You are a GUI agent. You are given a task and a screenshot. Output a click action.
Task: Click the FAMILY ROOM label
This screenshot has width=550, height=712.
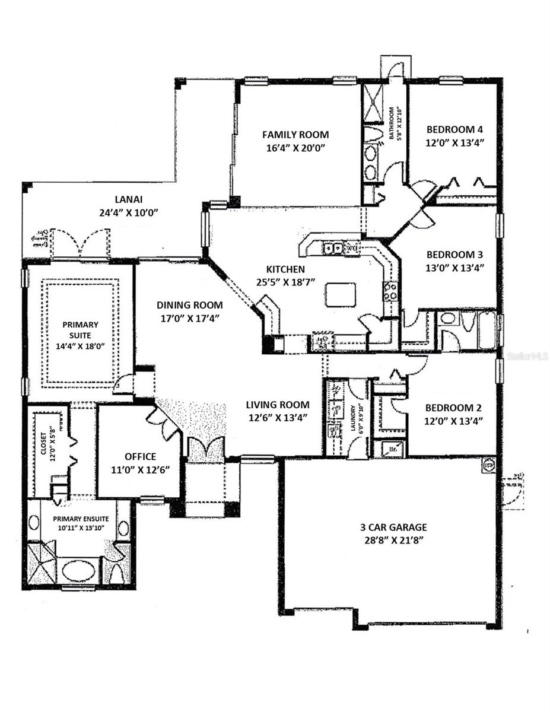pos(295,135)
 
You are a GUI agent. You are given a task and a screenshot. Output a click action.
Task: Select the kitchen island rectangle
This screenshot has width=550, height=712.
pos(340,294)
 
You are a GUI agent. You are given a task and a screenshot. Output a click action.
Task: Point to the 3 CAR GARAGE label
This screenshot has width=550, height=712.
pos(385,527)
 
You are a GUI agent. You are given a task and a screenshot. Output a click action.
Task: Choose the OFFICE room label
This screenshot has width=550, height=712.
pos(141,456)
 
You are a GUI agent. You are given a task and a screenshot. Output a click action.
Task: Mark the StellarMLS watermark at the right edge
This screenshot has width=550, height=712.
pos(527,357)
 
